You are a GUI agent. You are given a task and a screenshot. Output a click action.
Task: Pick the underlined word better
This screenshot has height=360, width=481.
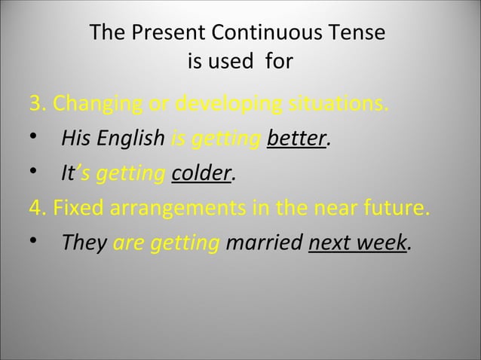pos(297,139)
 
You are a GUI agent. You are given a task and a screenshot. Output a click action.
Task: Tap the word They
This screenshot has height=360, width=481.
pos(84,243)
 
